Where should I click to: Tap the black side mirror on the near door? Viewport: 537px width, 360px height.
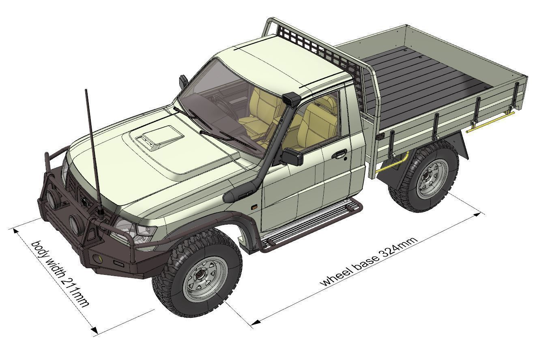click(x=293, y=156)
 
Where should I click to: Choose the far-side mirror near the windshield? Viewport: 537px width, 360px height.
click(x=183, y=82)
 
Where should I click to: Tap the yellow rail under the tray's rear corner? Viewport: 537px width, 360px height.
click(x=491, y=122)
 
